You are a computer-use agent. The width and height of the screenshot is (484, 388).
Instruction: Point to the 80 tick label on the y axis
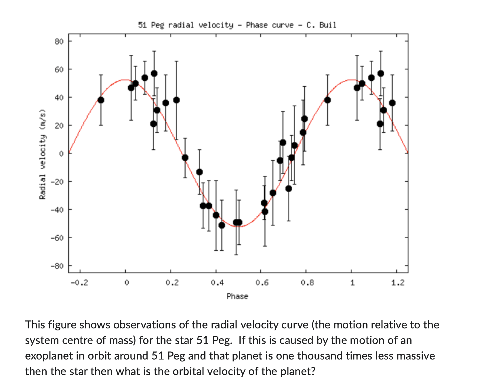59,41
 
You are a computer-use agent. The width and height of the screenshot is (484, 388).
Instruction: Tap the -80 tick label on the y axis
58,266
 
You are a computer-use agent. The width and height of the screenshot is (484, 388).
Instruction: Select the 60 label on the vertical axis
59,69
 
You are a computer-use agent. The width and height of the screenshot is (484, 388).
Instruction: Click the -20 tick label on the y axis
58,182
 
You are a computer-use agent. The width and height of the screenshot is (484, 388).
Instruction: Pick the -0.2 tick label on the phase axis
79,283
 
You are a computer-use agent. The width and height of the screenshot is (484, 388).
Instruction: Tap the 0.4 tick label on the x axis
217,283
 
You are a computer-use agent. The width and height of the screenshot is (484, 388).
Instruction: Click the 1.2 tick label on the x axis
398,283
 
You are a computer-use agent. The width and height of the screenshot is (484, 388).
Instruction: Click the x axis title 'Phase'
237,296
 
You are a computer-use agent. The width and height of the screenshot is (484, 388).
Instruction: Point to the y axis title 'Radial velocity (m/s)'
43,154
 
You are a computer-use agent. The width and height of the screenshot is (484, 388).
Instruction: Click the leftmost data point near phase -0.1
101,100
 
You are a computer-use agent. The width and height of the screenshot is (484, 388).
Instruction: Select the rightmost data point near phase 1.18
392,103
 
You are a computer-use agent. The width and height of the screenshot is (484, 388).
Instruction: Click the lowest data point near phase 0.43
222,225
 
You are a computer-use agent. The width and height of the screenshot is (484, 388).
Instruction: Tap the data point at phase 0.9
327,100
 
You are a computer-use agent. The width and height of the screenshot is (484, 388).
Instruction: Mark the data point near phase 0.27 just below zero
185,158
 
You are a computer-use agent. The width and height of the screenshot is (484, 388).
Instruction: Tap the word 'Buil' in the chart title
328,25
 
